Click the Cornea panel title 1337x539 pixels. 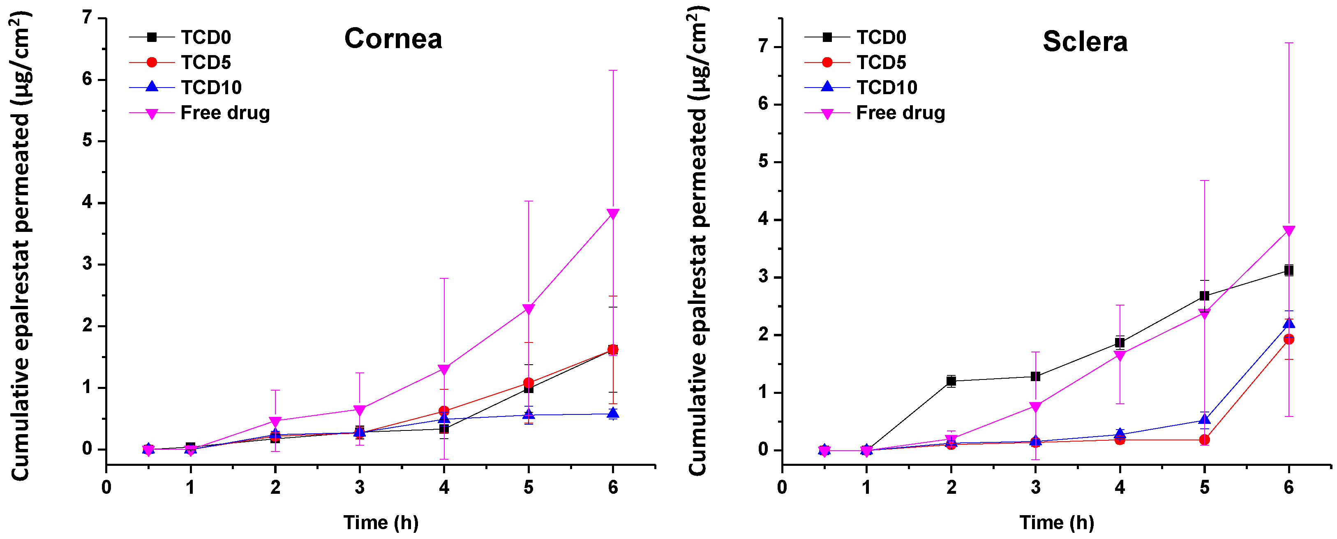pos(393,39)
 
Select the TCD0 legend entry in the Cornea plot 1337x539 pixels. pos(206,37)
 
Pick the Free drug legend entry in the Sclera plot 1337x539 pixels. pos(900,113)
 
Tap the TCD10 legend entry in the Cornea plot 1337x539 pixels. pos(211,87)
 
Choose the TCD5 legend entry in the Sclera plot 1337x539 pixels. pos(881,62)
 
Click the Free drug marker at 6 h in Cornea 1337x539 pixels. pos(612,214)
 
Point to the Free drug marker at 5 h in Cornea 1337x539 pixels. pos(529,309)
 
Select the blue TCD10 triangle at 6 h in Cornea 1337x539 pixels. pos(612,413)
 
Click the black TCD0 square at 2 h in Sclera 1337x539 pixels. pos(951,381)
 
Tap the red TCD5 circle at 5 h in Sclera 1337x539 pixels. pos(1204,440)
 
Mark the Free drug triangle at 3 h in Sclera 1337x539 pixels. pos(1035,407)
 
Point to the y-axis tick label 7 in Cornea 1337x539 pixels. pos(87,18)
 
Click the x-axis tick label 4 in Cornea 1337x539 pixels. pos(444,487)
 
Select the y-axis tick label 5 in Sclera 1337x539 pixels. pos(763,162)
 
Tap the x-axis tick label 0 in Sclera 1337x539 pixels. pos(782,487)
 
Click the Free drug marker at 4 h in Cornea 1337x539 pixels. pos(444,370)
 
